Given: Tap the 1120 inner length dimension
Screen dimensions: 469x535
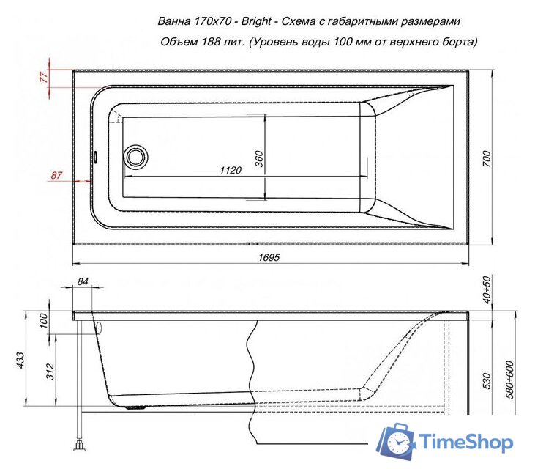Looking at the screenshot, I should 231,170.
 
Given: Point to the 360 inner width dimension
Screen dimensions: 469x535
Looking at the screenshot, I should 259,159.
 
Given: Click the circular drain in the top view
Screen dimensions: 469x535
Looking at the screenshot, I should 135,156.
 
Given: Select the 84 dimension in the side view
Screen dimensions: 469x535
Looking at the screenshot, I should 82,282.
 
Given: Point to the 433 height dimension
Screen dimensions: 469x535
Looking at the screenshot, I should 21,359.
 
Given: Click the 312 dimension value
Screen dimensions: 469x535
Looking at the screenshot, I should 49,372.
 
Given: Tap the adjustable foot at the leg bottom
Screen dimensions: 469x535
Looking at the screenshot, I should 77,443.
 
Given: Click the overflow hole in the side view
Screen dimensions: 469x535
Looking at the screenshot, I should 97,328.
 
